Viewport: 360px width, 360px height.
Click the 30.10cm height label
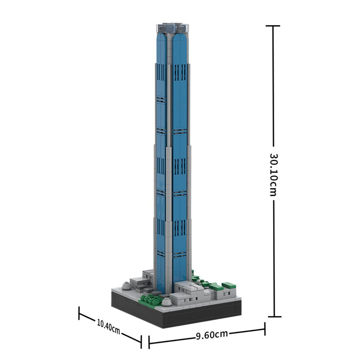(x=273, y=175)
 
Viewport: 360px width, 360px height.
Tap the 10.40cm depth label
(x=109, y=326)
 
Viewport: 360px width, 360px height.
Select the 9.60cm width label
(x=212, y=335)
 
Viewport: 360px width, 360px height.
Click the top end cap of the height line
(x=273, y=26)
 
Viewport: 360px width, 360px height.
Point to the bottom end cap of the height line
(x=275, y=317)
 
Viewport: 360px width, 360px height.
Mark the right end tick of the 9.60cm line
(x=265, y=329)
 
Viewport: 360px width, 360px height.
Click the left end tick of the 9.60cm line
(x=149, y=342)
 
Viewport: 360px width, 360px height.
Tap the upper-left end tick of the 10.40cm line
(x=79, y=313)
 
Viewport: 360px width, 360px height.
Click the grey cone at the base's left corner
(x=126, y=286)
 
